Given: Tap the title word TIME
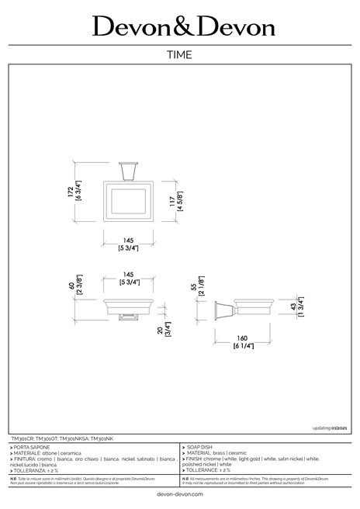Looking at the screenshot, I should click(180, 55).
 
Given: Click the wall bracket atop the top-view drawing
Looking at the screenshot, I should click(128, 169).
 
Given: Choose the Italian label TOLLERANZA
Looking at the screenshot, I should click(34, 470).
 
